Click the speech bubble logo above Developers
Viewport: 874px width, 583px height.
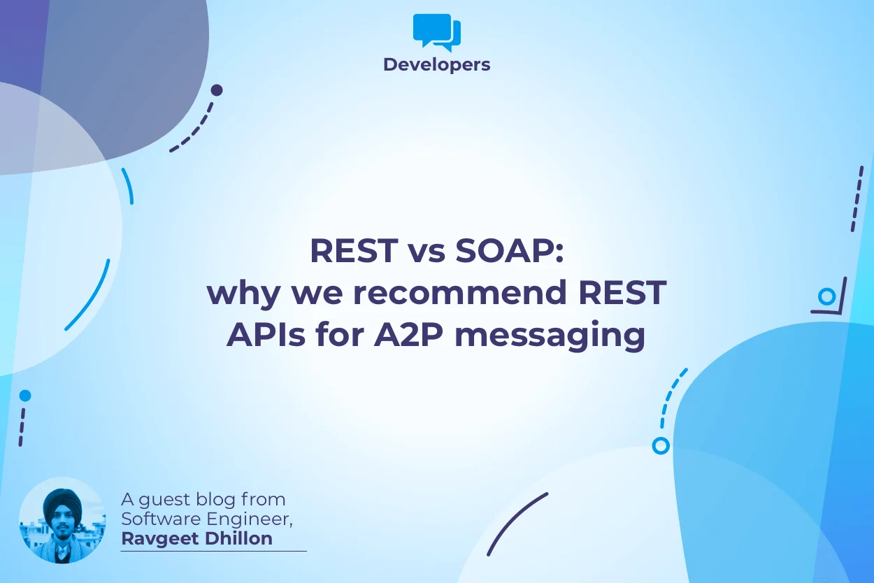coord(437,32)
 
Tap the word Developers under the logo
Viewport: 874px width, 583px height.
coord(437,65)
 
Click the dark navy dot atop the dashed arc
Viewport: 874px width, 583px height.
coord(217,90)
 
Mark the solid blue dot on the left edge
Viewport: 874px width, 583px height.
coord(25,396)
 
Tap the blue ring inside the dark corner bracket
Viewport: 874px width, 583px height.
coord(827,296)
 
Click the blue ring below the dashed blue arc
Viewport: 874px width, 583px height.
coord(660,445)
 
